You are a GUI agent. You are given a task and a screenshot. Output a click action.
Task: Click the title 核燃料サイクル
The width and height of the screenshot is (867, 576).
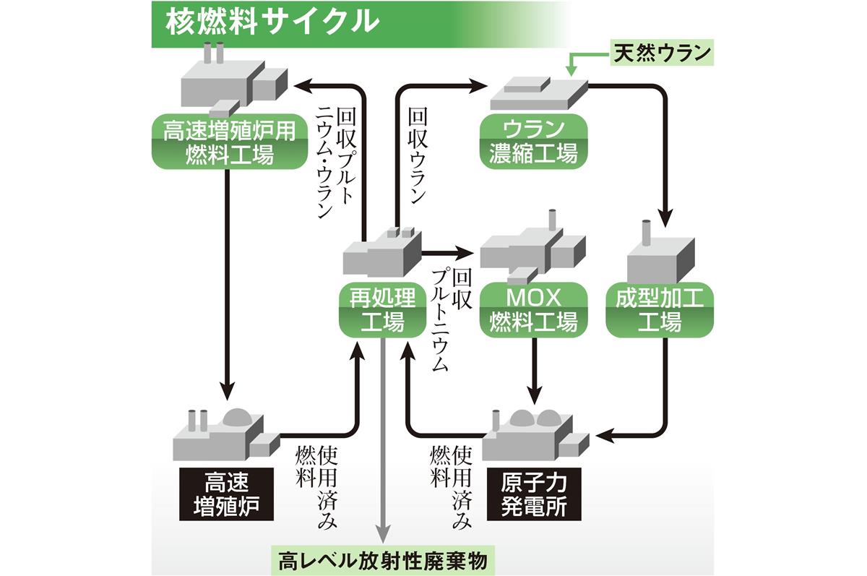(x=272, y=22)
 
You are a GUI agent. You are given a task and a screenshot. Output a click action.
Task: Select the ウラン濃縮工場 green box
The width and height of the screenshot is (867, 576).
(x=533, y=142)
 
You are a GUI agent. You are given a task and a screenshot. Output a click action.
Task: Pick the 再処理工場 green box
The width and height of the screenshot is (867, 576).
(x=382, y=310)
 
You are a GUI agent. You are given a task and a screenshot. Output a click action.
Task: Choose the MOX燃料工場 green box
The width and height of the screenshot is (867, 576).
(x=533, y=310)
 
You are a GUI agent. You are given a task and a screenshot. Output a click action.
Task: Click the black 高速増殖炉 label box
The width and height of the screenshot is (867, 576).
(x=228, y=494)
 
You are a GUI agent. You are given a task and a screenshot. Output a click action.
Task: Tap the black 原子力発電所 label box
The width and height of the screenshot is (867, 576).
(x=533, y=494)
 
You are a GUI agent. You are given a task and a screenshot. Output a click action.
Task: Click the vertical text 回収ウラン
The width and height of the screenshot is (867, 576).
(x=418, y=155)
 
